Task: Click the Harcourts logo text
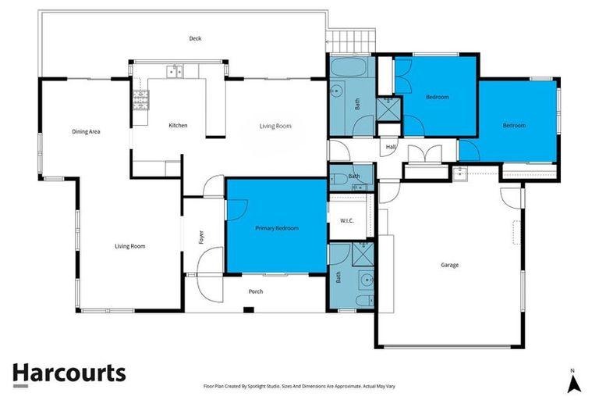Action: (69, 373)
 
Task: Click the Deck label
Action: (195, 38)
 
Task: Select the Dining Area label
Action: (86, 131)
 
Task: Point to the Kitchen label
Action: (178, 125)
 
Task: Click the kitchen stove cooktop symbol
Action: (141, 98)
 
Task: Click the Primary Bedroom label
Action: (277, 228)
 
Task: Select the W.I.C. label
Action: (347, 220)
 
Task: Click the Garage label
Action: (449, 265)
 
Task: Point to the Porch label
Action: (256, 291)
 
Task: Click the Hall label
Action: (390, 147)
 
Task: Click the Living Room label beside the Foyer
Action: (130, 246)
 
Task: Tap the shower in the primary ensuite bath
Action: (362, 253)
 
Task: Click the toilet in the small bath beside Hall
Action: (341, 179)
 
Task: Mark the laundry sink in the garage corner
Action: (461, 173)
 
